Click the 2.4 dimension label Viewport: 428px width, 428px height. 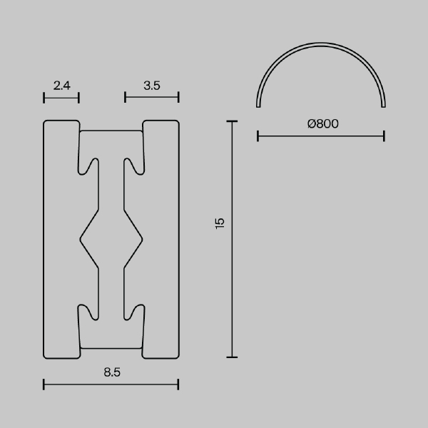(61, 86)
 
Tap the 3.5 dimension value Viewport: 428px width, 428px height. (151, 86)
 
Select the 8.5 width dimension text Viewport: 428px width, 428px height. (111, 372)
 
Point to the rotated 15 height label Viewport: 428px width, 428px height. (220, 222)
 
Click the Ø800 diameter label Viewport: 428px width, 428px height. (322, 123)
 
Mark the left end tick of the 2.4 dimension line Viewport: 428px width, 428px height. (44, 97)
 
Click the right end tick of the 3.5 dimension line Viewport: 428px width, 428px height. (178, 97)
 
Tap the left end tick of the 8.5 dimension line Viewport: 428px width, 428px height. (44, 384)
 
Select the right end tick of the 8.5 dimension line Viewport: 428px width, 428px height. (178, 384)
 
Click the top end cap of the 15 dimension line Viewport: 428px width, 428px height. (231, 122)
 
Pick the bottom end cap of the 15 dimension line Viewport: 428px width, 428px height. (231, 357)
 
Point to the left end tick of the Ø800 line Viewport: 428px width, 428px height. (257, 136)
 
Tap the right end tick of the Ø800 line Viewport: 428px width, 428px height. (384, 136)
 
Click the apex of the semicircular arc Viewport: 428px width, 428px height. (321, 44)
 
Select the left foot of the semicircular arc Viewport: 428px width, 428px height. (258, 106)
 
